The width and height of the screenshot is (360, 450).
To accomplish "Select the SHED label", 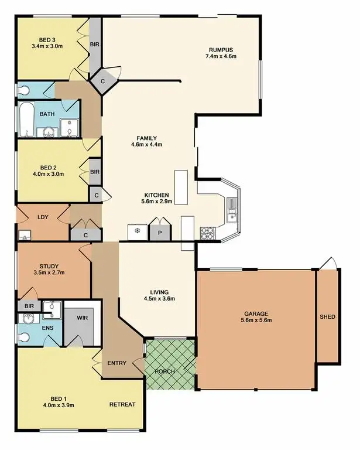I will pos(327,317).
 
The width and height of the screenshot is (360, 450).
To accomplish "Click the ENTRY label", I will pos(117,363).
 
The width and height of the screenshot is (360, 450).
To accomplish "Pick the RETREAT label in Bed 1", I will pos(122,404).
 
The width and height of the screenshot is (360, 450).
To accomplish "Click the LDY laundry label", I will pos(43,217).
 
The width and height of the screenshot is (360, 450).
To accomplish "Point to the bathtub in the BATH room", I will pos(27,120).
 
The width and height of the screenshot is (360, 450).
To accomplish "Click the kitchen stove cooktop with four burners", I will pos(207,233).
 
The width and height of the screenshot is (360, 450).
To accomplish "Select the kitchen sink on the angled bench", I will pos(232,209).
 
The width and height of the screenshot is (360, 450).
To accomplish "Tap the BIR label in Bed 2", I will pos(94,172).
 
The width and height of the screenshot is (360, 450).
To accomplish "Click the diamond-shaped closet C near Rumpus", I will pos(102,81).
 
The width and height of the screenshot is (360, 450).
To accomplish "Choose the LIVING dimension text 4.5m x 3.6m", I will pos(159,299).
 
